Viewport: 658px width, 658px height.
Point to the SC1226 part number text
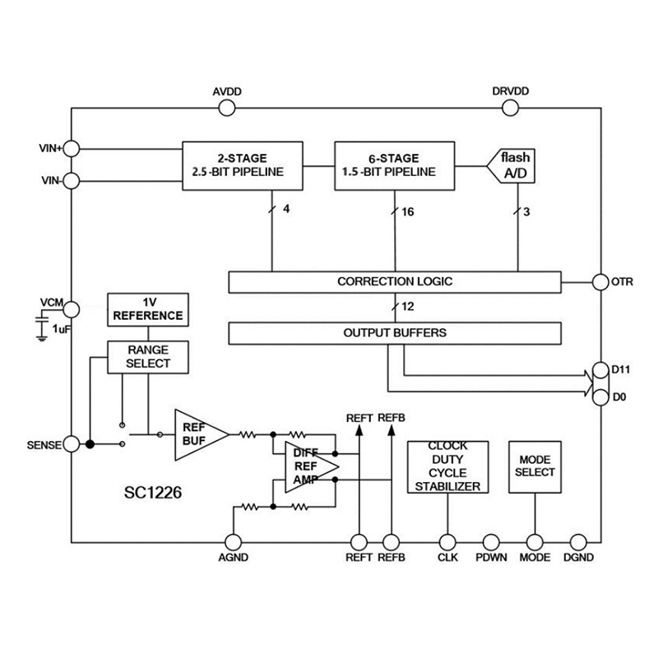153,493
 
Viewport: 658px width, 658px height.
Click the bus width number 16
408,212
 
